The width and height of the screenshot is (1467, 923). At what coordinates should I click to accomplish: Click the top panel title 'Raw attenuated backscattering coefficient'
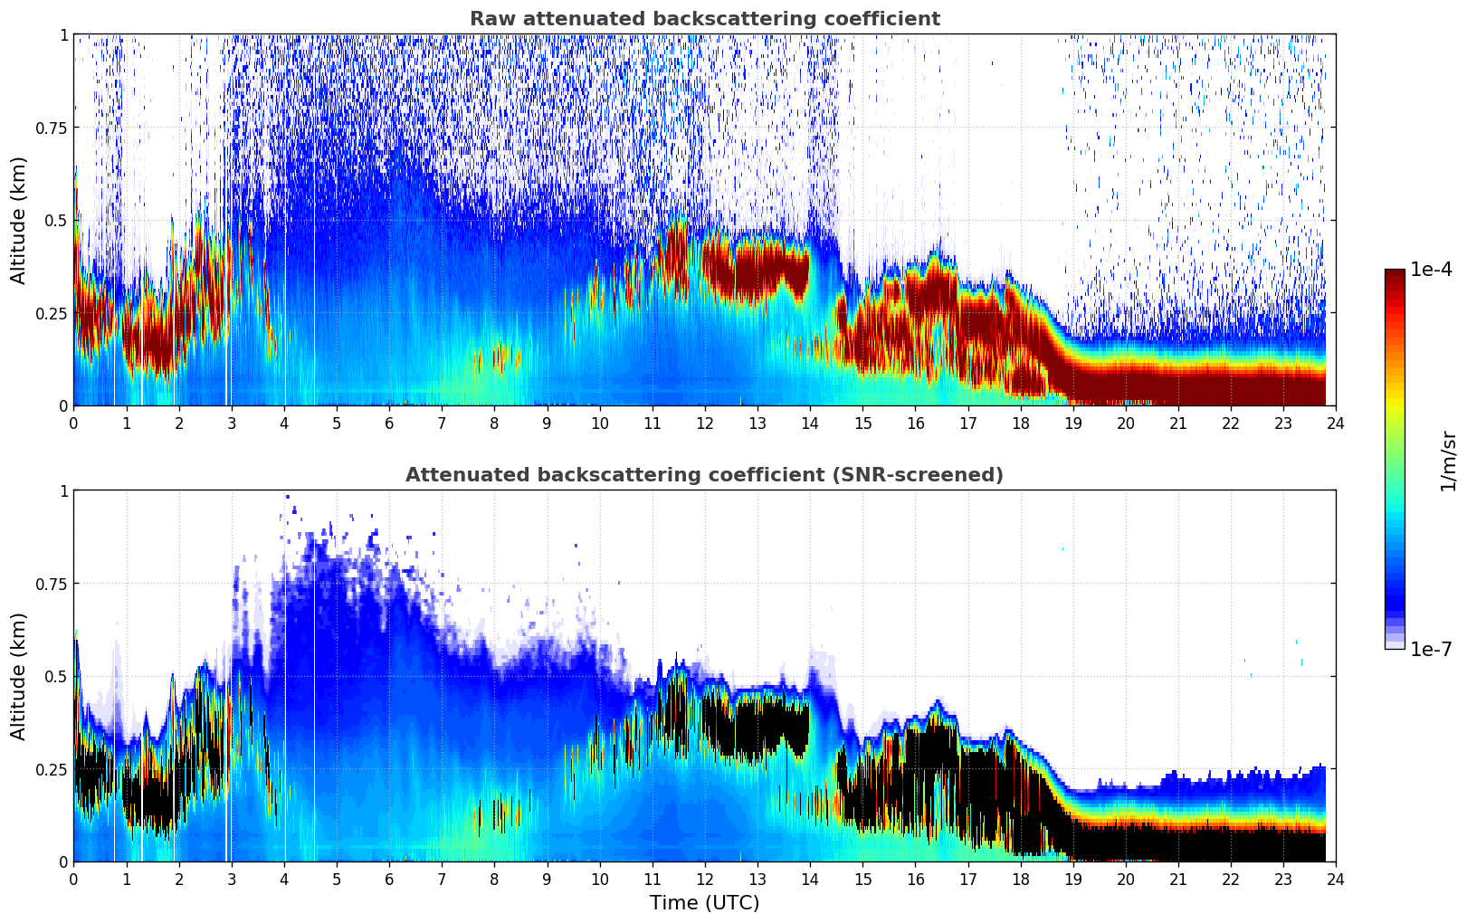[704, 19]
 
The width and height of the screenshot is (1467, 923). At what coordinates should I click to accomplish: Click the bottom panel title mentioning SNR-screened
[704, 475]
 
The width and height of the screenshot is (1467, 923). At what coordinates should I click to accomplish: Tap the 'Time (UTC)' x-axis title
[704, 903]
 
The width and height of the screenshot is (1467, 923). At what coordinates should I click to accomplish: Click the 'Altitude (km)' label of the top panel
[19, 220]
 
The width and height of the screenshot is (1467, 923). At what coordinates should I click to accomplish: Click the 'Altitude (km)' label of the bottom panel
[19, 676]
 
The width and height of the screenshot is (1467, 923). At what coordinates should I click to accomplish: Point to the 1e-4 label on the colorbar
[1431, 270]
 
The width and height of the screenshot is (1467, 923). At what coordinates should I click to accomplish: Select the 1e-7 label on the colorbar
[1431, 649]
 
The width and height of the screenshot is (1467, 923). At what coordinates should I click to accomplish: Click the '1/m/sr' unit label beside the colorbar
[1448, 461]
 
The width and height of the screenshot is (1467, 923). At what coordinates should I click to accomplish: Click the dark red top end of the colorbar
[1395, 273]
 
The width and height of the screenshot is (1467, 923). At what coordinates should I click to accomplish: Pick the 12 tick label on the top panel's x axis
[705, 423]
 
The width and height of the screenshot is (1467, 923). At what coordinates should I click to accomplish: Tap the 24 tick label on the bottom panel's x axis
[1336, 879]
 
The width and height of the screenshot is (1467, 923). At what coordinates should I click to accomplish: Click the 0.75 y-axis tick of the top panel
[51, 128]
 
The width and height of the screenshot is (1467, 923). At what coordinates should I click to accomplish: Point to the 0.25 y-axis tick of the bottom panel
[51, 769]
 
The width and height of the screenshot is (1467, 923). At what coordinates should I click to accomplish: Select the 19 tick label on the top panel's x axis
[1072, 423]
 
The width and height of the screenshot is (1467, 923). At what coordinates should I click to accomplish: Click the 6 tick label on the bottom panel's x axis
[389, 879]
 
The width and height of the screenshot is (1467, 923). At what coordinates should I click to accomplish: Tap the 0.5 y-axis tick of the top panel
[56, 220]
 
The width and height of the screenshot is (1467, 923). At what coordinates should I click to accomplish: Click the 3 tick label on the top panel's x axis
[232, 423]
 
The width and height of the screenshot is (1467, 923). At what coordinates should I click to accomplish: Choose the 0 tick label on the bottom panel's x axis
[74, 879]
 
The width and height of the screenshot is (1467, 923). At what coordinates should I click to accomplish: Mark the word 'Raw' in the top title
[490, 19]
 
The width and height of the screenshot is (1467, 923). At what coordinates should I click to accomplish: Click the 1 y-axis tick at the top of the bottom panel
[63, 491]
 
